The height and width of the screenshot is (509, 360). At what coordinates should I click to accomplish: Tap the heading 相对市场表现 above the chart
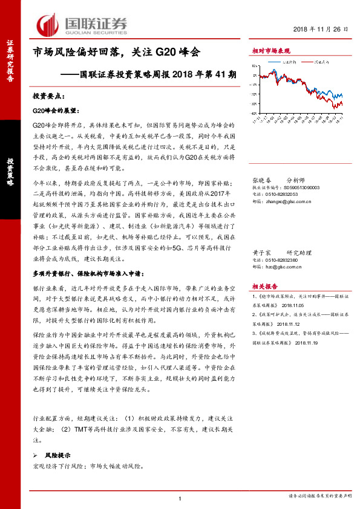click(x=270, y=51)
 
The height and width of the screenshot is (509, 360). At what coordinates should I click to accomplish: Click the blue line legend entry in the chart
click(x=284, y=62)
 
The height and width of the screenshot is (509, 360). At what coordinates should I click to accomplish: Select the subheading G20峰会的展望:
click(x=55, y=111)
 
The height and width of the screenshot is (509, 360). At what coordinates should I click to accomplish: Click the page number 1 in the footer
click(x=180, y=498)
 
